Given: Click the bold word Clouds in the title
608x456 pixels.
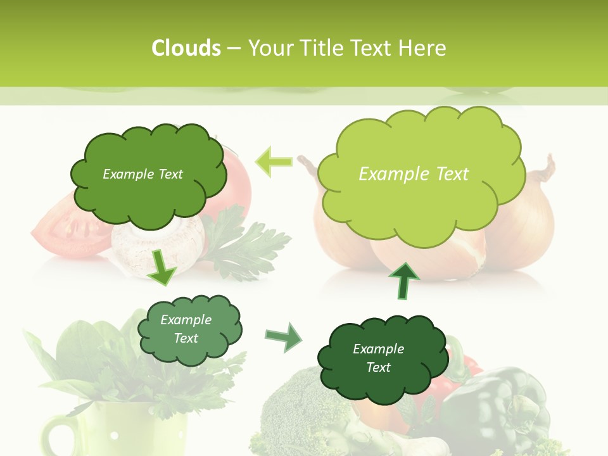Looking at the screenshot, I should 186,48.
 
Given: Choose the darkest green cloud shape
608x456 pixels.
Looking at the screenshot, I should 381,358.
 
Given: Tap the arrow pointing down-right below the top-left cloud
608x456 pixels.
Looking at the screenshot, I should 161,266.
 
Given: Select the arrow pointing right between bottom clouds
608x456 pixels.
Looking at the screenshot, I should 283,337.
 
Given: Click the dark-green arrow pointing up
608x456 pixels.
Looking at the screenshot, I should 403,281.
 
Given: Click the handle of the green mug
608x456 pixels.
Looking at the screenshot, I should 58,437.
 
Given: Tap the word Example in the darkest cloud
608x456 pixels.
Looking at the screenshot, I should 378,349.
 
